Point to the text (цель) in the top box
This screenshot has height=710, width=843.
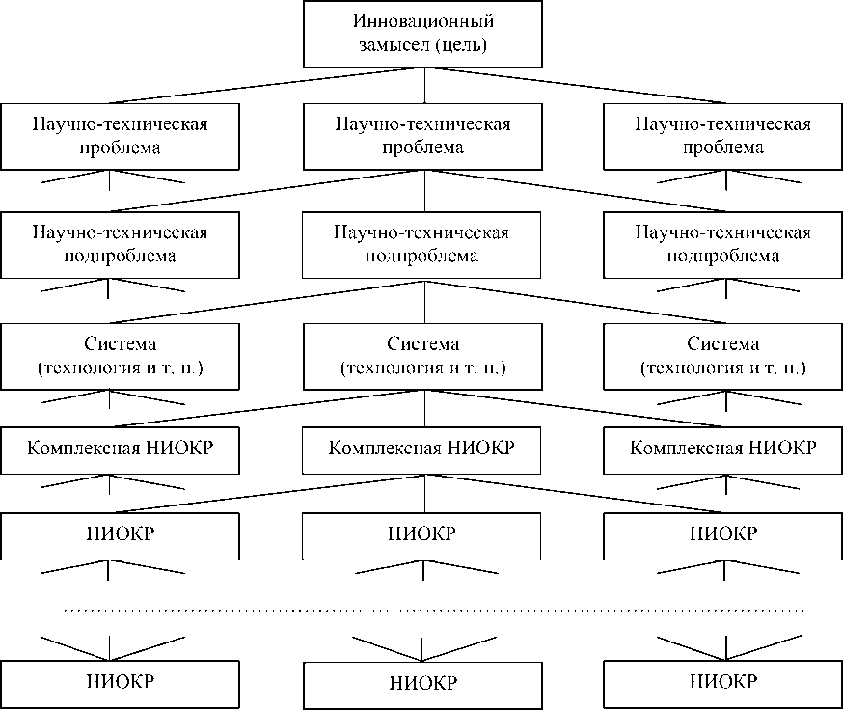(x=460, y=44)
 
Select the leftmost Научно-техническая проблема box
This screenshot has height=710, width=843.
(x=120, y=136)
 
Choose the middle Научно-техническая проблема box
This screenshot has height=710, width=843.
(x=422, y=136)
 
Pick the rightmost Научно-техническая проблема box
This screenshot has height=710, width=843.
(x=723, y=136)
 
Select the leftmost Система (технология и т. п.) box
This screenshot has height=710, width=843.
(x=120, y=355)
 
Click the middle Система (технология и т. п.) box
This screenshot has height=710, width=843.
(x=422, y=355)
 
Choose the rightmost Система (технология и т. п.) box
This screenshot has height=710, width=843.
(x=723, y=355)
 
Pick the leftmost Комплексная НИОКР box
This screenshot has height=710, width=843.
(x=120, y=449)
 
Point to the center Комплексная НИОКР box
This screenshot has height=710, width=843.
(x=422, y=449)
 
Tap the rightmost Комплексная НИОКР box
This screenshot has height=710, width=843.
(x=723, y=449)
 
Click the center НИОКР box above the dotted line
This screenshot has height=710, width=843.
(x=422, y=534)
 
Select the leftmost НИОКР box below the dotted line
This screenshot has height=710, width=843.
(x=120, y=683)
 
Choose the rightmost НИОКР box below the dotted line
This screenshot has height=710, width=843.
(x=723, y=683)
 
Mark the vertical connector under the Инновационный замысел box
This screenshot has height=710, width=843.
(x=425, y=85)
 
